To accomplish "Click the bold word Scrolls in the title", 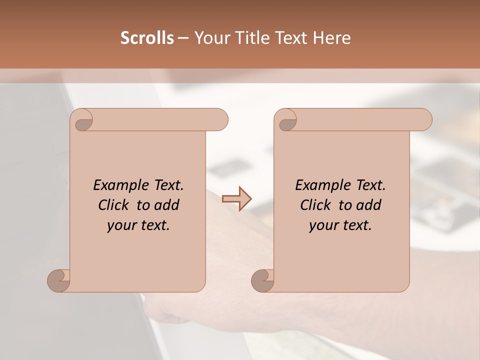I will (147, 38).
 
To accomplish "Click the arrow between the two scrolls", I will (236, 198).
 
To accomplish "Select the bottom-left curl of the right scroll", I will (263, 280).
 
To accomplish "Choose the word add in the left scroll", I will (166, 205).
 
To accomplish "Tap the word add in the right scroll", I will (368, 205).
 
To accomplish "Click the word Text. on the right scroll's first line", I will (370, 185).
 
